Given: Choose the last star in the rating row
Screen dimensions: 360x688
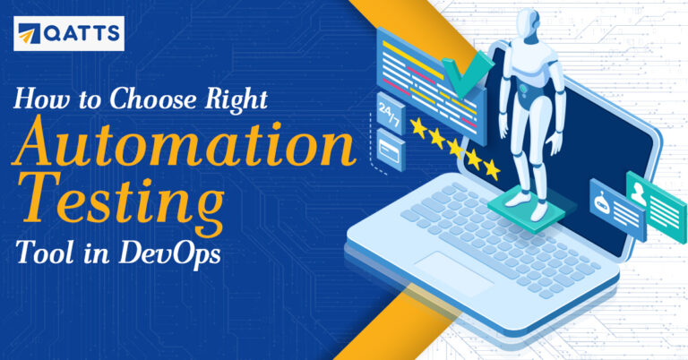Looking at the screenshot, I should [491, 167].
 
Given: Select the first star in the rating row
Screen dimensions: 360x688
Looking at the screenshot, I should [420, 129].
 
